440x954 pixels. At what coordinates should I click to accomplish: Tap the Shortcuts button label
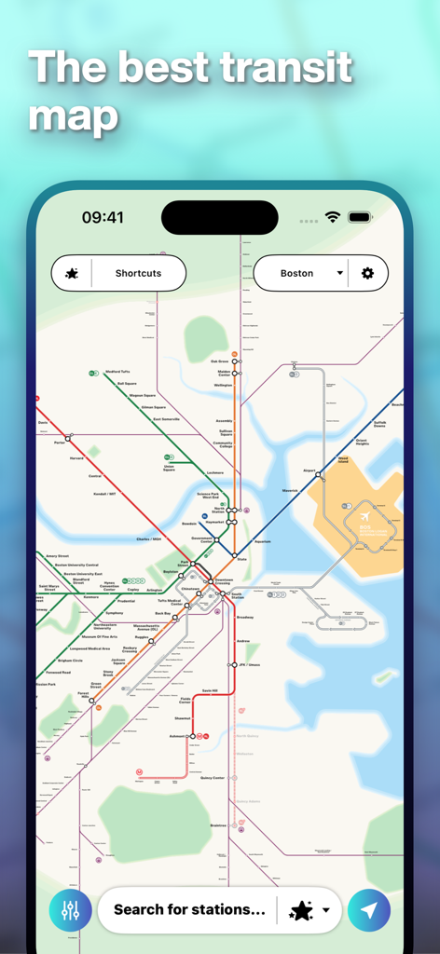click(x=138, y=274)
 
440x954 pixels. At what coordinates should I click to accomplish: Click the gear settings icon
click(x=367, y=274)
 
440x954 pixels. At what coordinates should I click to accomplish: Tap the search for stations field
click(x=189, y=909)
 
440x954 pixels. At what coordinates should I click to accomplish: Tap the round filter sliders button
click(x=71, y=910)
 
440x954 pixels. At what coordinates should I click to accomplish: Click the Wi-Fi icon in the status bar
click(x=333, y=217)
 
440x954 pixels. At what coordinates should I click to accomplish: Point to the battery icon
click(x=360, y=217)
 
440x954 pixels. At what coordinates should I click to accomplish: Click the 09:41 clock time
click(x=103, y=217)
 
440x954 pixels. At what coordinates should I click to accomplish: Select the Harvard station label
click(x=76, y=458)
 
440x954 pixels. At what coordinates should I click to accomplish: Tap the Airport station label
click(x=309, y=471)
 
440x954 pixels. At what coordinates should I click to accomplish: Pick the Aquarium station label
click(x=262, y=541)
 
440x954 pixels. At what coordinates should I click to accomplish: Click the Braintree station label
click(x=218, y=825)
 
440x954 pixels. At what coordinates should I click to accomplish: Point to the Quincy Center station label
click(x=213, y=777)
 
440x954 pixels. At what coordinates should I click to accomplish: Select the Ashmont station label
click(x=177, y=736)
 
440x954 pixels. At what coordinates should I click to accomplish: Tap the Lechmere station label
click(x=215, y=472)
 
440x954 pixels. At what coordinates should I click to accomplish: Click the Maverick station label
click(x=290, y=491)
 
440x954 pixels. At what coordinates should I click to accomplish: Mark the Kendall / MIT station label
click(x=104, y=494)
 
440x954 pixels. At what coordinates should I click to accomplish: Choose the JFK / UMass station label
click(x=248, y=664)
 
